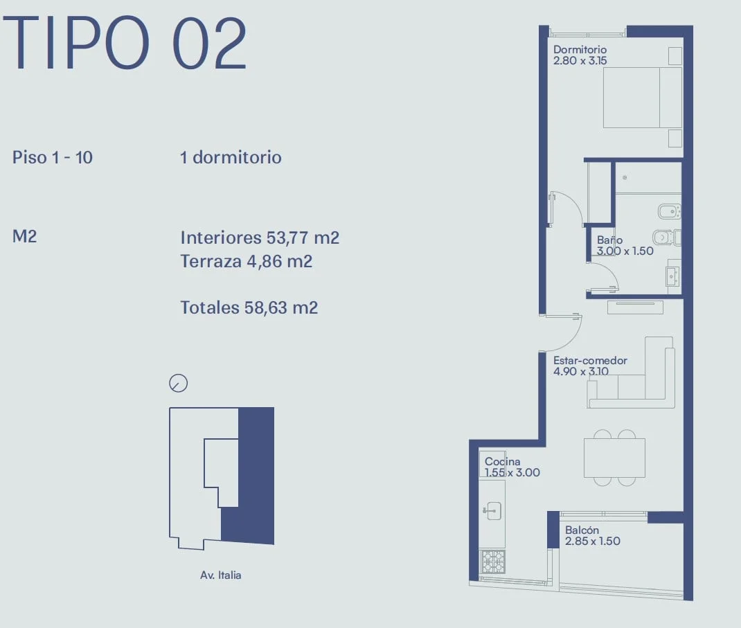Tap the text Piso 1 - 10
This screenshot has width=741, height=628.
pos(53,157)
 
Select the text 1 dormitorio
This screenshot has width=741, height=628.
pos(231,157)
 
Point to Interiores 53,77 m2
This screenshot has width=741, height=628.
pos(260,237)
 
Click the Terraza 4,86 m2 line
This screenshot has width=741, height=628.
pos(247,261)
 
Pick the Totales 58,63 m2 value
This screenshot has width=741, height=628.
pos(249,307)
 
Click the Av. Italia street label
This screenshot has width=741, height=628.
pos(221,575)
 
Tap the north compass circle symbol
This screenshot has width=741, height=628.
pos(178,383)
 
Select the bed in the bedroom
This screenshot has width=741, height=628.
pos(643,98)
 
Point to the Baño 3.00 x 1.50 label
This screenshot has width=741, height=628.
pos(625,246)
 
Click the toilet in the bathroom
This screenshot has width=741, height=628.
pos(667,236)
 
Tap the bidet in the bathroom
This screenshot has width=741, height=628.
pos(669,211)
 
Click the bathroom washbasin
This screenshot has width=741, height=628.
pos(672,276)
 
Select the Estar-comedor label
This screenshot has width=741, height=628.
pos(590,366)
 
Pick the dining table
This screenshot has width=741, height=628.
pos(614,458)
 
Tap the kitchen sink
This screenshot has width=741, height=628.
pos(492,510)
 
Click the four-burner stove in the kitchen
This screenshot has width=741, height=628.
pos(492,562)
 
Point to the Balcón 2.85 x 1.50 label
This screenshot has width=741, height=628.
pos(593,535)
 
